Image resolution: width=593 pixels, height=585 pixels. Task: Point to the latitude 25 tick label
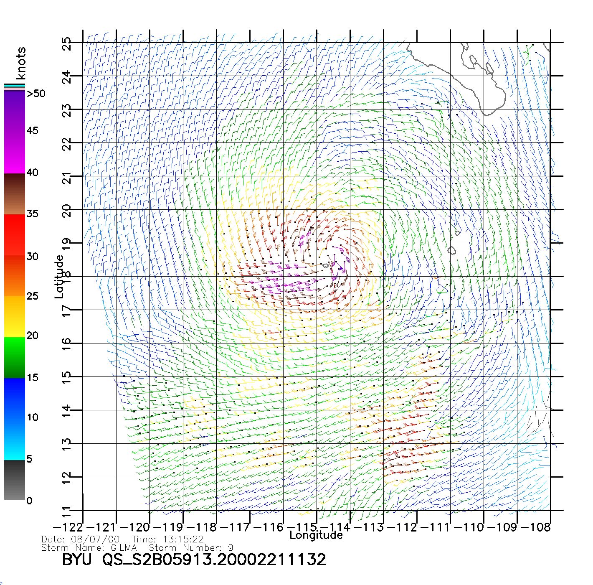click(66, 44)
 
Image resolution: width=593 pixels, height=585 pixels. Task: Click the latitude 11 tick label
click(66, 511)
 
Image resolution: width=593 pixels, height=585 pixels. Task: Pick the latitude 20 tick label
click(66, 211)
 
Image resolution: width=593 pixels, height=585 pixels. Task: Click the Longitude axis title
click(316, 535)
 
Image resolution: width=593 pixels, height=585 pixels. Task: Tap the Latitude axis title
click(59, 277)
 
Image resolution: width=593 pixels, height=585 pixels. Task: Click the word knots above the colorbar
click(20, 63)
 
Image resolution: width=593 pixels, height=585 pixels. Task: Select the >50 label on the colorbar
click(36, 94)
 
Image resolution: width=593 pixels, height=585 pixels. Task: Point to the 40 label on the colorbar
click(32, 172)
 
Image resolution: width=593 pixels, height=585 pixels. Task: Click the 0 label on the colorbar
click(29, 501)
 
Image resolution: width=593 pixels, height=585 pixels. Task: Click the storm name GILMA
click(124, 547)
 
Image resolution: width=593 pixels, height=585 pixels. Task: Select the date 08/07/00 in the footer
click(95, 539)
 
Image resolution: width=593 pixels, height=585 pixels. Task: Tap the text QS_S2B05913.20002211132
click(214, 560)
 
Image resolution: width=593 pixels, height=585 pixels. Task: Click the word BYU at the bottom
click(77, 560)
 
